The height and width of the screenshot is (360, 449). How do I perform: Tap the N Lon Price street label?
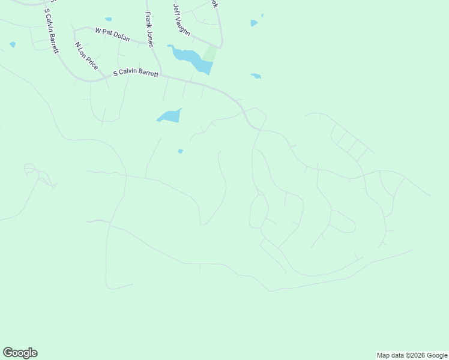point(86,56)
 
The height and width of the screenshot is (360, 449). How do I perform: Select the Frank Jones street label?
point(149,29)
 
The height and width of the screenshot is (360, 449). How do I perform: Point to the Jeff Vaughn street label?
point(181,20)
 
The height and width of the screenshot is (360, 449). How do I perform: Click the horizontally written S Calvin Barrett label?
point(136,74)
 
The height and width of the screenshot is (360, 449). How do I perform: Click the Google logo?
point(20,353)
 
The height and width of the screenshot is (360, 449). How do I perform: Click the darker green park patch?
point(209,54)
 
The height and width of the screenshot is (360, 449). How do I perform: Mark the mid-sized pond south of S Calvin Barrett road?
point(169,116)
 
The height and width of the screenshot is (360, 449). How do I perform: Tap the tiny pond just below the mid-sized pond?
point(180,151)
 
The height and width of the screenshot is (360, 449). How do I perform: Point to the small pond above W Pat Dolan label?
point(108,19)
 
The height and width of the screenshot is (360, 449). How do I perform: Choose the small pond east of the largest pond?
point(256,76)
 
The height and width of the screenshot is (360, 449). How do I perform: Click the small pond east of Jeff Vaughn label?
point(254,23)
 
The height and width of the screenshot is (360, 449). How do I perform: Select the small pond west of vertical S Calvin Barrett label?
point(13,44)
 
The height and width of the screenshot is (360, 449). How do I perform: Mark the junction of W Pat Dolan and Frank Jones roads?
point(149,43)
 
